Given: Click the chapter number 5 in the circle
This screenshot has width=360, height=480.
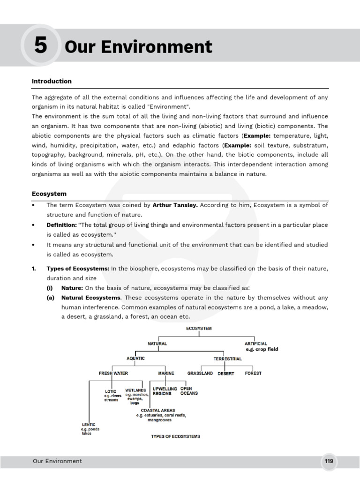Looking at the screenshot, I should pyautogui.click(x=40, y=46).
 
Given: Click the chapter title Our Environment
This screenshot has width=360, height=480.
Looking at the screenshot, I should pyautogui.click(x=138, y=47).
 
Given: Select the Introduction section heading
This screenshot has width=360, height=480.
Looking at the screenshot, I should pyautogui.click(x=52, y=81).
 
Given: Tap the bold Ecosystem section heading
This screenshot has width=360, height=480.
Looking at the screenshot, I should pyautogui.click(x=49, y=194).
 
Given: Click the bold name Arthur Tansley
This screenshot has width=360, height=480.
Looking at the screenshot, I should pyautogui.click(x=176, y=205).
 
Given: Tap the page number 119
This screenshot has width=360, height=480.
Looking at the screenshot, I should pyautogui.click(x=329, y=461).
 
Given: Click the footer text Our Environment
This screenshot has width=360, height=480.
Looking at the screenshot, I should pyautogui.click(x=57, y=461).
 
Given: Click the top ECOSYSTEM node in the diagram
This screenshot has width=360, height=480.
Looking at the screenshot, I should pyautogui.click(x=198, y=329).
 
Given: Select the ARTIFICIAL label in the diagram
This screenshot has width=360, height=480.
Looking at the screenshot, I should pyautogui.click(x=256, y=344).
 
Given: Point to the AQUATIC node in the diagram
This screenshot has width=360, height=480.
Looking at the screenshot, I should pyautogui.click(x=136, y=358).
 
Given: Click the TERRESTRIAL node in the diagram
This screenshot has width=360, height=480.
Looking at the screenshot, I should pyautogui.click(x=228, y=359).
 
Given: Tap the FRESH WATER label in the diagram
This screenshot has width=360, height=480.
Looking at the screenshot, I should pyautogui.click(x=113, y=373).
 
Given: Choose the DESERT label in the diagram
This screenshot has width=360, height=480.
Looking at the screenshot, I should pyautogui.click(x=226, y=374).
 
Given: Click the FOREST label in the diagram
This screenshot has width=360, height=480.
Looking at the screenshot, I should pyautogui.click(x=253, y=373).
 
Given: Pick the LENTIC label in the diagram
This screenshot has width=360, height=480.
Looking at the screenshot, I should pyautogui.click(x=89, y=424).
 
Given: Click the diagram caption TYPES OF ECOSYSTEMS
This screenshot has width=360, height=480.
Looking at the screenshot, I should pyautogui.click(x=175, y=436).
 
